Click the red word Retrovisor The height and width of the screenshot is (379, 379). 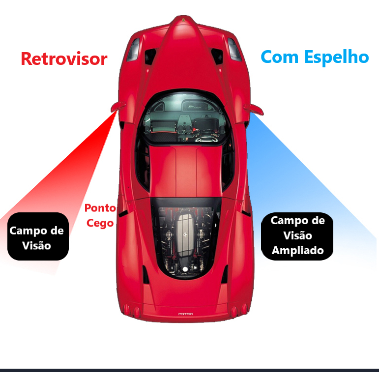tap(64, 59)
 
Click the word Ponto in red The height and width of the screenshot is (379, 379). tap(100, 208)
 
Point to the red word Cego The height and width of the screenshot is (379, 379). tap(100, 223)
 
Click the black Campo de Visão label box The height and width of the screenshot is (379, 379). tap(37, 236)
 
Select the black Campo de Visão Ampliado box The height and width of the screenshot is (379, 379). tap(297, 235)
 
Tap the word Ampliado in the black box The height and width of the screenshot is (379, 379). tap(297, 250)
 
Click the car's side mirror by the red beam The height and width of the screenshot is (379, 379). tap(116, 106)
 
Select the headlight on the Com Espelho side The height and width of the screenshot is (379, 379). tap(234, 50)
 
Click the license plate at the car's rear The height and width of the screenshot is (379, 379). tap(185, 314)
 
